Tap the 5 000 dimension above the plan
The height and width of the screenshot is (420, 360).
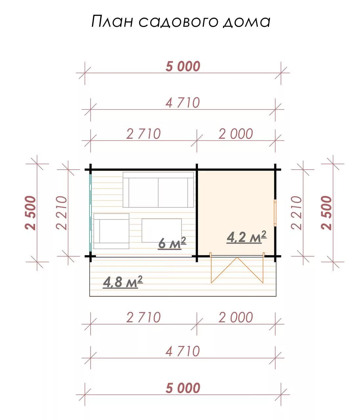click(183, 66)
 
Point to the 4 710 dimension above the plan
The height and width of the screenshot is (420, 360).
click(183, 103)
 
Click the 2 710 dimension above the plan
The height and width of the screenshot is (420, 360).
click(143, 134)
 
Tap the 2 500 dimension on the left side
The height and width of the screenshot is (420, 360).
click(31, 213)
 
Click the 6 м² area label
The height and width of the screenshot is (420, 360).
click(172, 243)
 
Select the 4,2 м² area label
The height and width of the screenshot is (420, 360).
click(246, 237)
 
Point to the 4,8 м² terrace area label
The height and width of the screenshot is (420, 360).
click(123, 282)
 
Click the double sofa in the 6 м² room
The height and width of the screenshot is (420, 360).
click(158, 190)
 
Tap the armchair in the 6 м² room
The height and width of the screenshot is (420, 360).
click(111, 231)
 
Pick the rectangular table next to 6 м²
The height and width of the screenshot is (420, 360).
click(161, 230)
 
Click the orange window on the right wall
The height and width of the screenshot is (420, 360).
click(275, 213)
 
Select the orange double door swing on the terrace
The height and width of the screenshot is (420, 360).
click(237, 268)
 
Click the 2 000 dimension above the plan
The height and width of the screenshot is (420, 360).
click(236, 134)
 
